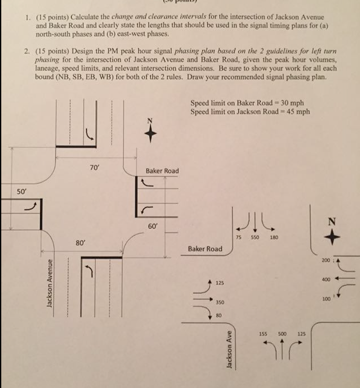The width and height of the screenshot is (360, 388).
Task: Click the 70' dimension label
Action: click(94, 168)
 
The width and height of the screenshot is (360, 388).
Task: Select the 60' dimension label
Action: click(153, 226)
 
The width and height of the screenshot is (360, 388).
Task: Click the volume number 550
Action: click(255, 237)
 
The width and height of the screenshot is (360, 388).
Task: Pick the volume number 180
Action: click(274, 237)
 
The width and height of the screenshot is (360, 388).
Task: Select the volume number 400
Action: click(326, 280)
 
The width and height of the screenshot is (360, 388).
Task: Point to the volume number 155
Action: click(263, 334)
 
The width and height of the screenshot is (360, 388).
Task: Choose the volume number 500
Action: click(282, 334)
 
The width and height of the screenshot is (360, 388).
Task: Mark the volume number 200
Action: click(326, 260)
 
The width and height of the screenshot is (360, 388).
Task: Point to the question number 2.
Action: click(26, 52)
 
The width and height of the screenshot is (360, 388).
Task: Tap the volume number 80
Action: click(218, 315)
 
